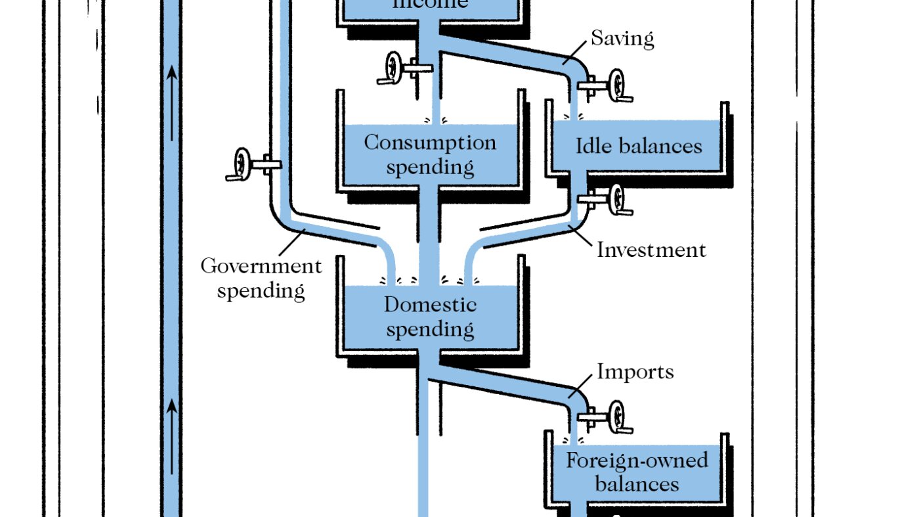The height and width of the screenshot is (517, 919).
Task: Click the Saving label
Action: click(622, 38)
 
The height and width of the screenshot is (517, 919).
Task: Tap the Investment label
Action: click(651, 250)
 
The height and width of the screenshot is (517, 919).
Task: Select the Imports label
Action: click(635, 372)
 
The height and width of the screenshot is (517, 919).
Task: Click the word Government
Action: click(261, 266)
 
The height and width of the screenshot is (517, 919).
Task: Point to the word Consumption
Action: click(430, 143)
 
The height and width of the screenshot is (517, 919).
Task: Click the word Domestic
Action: click(430, 305)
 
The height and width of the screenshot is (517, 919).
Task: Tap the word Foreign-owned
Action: click(637, 460)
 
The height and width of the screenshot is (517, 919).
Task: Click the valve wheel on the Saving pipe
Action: click(616, 85)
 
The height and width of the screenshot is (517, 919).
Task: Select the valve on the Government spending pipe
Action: click(244, 163)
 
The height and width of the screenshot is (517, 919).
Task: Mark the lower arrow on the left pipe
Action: click(172, 434)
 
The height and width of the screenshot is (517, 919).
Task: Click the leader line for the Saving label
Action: click(575, 51)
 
